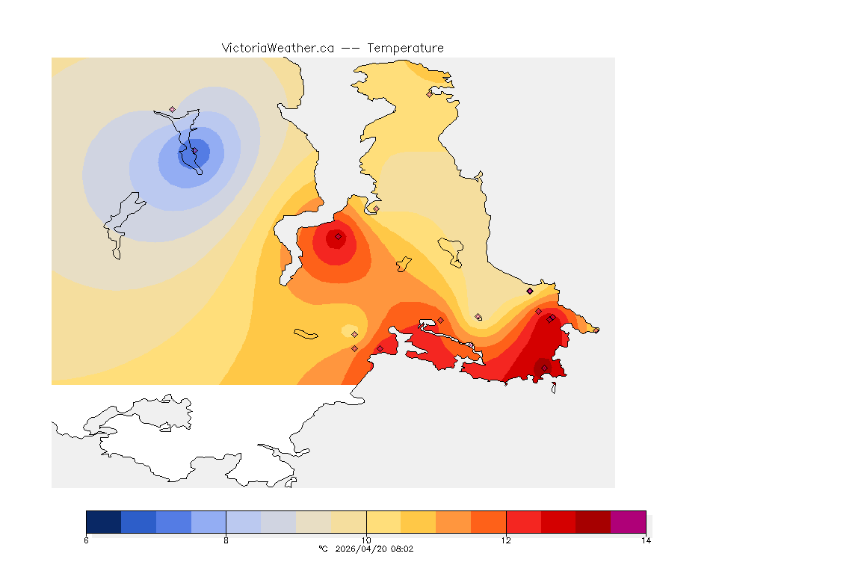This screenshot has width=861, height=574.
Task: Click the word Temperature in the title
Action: click(x=405, y=49)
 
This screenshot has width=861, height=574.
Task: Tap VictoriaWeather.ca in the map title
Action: click(x=277, y=49)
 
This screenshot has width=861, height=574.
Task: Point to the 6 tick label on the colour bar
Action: click(x=87, y=540)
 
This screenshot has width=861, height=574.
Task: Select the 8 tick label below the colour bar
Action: click(x=226, y=540)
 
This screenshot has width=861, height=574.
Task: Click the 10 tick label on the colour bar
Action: click(x=366, y=540)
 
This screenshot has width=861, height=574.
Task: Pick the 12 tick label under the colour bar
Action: click(x=506, y=540)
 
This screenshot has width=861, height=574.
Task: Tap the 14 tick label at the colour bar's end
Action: click(x=646, y=540)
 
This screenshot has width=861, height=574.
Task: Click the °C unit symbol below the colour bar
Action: click(x=323, y=549)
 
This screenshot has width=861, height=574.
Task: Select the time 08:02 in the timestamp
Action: click(x=401, y=549)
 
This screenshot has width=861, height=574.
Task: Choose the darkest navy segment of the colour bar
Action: click(x=103, y=522)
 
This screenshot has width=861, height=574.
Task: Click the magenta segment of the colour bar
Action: click(x=628, y=522)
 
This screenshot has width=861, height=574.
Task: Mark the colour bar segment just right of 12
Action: click(x=523, y=522)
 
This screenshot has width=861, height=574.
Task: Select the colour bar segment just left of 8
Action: click(x=209, y=522)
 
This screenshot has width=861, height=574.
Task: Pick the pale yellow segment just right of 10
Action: click(x=383, y=522)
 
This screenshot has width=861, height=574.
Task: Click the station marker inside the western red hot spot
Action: click(x=338, y=237)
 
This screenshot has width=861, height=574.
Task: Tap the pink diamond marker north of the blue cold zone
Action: click(x=172, y=109)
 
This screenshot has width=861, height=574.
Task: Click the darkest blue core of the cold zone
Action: click(x=193, y=152)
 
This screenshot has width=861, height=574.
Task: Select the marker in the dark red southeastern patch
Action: click(x=544, y=367)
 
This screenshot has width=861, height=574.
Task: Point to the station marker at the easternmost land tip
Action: click(x=596, y=330)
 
